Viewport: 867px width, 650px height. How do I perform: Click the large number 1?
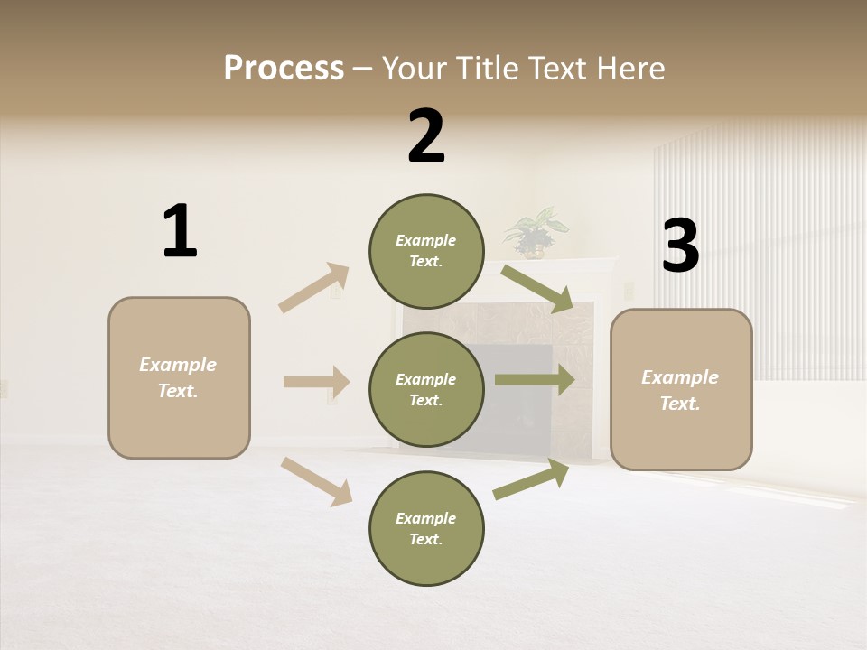(180, 232)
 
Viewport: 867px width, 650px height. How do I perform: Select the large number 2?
(426, 136)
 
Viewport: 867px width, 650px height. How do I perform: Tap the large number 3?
(680, 246)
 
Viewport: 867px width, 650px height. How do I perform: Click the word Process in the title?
(284, 69)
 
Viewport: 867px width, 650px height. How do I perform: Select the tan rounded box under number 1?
(179, 377)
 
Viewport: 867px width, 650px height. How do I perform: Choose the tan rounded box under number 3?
(681, 389)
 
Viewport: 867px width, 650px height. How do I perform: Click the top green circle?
(426, 251)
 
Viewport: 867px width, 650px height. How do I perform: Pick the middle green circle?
(426, 389)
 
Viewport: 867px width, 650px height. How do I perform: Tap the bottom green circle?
(426, 528)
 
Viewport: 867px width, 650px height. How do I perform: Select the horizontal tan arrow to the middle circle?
(316, 382)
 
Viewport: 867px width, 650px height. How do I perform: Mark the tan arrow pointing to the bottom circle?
(316, 481)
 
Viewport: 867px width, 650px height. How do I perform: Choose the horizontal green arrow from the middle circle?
(535, 379)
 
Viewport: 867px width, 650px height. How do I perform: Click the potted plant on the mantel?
(535, 232)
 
